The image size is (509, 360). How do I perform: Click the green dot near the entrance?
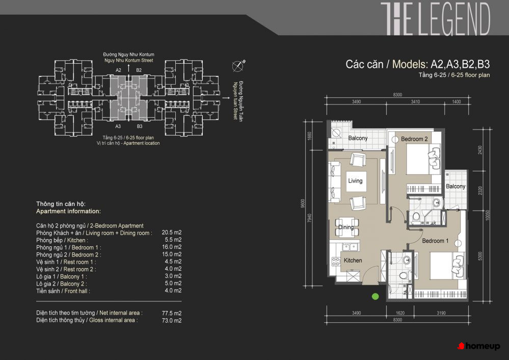pos(376,296)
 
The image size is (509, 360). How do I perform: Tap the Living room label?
pos(355,181)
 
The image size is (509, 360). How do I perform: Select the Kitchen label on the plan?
pos(353,260)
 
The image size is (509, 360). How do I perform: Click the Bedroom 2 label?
pos(414,139)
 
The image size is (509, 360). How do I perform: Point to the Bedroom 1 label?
pos(435,241)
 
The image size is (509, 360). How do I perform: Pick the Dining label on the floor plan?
pos(346,227)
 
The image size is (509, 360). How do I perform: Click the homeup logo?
pos(479,346)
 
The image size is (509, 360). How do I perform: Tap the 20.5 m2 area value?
pos(172,233)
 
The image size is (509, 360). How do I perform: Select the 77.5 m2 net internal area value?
pos(172,313)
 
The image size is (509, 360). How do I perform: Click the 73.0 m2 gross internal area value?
pos(172,320)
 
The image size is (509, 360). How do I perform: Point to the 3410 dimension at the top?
pos(416,101)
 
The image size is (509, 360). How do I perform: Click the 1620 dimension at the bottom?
pos(400,313)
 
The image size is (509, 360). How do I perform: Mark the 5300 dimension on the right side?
pos(480,256)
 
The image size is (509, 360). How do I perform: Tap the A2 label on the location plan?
pos(118,70)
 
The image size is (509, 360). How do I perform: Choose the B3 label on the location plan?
pos(140,126)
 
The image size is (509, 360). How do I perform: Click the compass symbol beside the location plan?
pos(238,66)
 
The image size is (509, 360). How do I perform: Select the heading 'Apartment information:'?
pos(68,211)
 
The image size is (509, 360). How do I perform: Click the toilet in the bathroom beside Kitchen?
pos(403,275)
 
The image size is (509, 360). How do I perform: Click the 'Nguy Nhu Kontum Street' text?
pos(129,61)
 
